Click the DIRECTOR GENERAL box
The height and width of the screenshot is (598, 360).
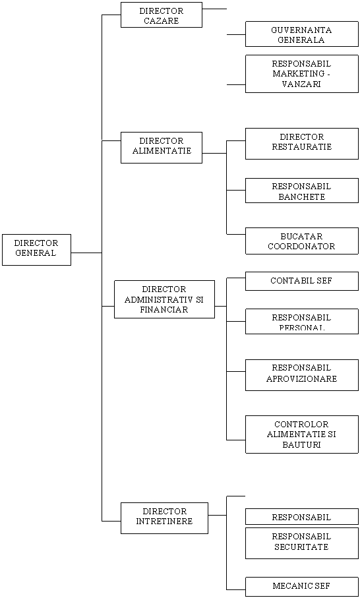pos(37,250)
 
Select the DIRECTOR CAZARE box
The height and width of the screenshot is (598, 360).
pos(162,15)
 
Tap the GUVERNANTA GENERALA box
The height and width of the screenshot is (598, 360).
pos(302,34)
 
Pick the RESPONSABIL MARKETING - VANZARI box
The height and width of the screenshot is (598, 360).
pos(302,74)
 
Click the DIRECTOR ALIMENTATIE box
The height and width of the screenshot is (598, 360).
pos(162,148)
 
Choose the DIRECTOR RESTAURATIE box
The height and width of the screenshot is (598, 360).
pos(302,143)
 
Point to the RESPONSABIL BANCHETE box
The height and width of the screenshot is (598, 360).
pos(302,191)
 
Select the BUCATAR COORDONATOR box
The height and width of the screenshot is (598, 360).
pos(302,241)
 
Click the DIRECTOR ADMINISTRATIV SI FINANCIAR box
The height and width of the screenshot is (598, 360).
pos(164,299)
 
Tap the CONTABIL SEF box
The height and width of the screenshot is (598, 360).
pos(302,281)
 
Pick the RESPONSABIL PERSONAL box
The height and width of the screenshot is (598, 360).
pos(302,322)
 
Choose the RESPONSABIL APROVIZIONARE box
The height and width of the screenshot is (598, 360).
pos(302,375)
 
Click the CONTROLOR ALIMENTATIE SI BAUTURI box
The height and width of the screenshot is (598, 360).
pos(302,434)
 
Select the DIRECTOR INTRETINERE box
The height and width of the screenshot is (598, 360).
pos(164,518)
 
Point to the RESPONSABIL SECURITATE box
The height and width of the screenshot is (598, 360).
pos(302,543)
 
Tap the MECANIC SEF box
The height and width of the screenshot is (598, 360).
pos(302,587)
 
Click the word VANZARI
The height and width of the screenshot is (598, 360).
pos(301,84)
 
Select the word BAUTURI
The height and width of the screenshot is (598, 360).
pos(301,444)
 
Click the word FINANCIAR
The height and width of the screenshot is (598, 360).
pos(164,310)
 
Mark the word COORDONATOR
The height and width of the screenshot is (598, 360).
pos(301,247)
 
